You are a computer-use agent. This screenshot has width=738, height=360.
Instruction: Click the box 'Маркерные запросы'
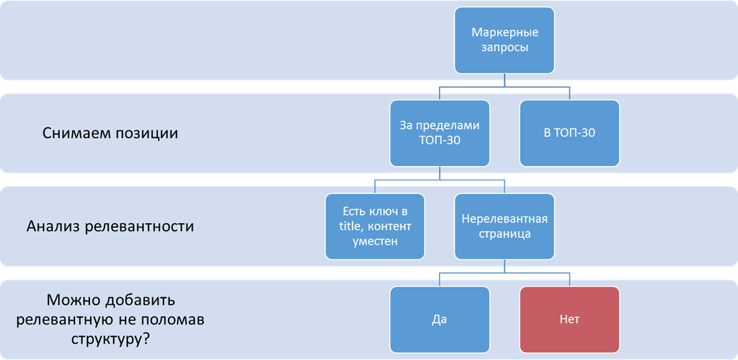[504, 40]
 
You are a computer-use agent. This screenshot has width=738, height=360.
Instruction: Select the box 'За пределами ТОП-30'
[440, 133]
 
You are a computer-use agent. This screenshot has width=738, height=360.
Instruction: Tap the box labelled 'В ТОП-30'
[570, 133]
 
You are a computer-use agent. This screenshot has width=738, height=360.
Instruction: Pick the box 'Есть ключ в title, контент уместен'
[375, 226]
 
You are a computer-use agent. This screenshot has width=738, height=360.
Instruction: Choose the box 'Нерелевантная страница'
[504, 226]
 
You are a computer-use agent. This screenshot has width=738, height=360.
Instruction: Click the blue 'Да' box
[440, 320]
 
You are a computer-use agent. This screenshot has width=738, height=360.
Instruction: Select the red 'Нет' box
[570, 320]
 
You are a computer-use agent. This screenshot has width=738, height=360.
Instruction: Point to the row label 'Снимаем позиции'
[110, 133]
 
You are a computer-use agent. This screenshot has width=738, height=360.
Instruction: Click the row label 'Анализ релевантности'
[110, 226]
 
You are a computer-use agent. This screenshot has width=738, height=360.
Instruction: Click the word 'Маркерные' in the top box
[504, 32]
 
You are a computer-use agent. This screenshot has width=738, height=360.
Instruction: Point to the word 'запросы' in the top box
[504, 47]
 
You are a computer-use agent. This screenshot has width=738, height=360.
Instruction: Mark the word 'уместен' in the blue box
[375, 241]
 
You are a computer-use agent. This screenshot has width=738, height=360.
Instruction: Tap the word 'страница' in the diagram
[504, 234]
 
